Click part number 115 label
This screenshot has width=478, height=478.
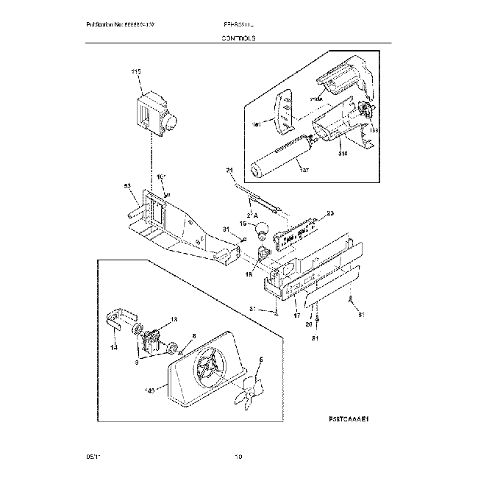tap(135, 72)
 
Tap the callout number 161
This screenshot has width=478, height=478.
tap(257, 124)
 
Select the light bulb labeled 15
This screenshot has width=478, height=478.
tap(260, 230)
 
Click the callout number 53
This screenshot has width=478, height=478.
tap(126, 187)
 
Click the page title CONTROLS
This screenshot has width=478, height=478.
tap(240, 38)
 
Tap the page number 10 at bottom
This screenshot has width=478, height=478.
tap(238, 457)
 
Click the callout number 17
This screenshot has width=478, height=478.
tap(297, 315)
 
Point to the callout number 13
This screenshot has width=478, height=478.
tap(174, 319)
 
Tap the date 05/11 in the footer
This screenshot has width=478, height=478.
tap(91, 457)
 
